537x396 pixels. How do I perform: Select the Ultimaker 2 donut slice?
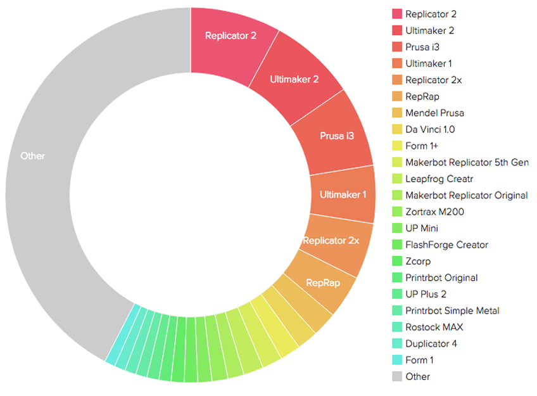[294, 79]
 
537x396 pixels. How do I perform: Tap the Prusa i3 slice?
[336, 136]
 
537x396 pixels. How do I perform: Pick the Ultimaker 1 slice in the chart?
[343, 195]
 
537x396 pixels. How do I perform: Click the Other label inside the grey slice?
[33, 155]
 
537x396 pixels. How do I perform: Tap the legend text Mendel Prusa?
[435, 113]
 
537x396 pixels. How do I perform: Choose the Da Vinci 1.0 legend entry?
[430, 129]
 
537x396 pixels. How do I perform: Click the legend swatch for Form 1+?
[397, 146]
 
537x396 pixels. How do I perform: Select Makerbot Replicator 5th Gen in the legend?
[467, 162]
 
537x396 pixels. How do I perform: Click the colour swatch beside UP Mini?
[397, 228]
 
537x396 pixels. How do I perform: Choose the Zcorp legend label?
[418, 261]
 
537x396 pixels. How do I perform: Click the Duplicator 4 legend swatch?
[397, 343]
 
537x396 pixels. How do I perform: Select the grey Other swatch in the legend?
[397, 376]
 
